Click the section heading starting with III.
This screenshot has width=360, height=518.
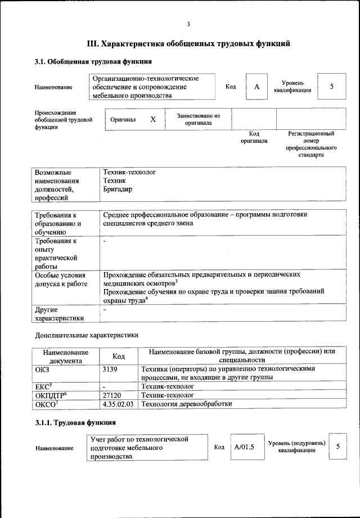(188, 43)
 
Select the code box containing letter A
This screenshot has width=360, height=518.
(256, 87)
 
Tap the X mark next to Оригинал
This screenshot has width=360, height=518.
(153, 120)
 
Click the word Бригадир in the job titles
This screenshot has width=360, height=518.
(118, 190)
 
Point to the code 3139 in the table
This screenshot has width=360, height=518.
(111, 368)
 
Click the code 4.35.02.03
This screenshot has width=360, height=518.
(118, 404)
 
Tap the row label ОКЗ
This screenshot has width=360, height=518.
(43, 368)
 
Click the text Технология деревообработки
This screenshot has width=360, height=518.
(186, 404)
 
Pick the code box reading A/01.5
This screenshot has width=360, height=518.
(245, 447)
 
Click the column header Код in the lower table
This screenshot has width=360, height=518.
(118, 356)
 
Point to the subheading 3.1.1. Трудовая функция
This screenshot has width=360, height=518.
(75, 422)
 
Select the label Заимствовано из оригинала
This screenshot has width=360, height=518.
(198, 119)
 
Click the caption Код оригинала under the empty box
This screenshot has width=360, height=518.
(254, 137)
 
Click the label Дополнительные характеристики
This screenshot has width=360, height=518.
(86, 335)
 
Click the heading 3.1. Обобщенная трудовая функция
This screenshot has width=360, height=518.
(93, 61)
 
